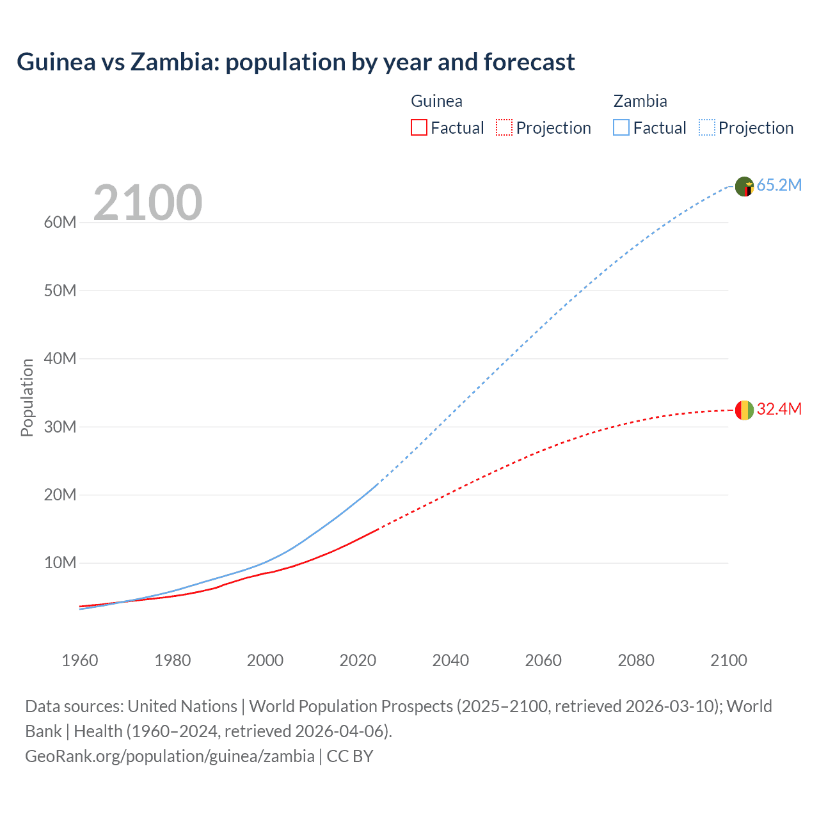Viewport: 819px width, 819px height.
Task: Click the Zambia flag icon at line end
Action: [x=744, y=186]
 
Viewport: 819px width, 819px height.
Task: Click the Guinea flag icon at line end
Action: [x=744, y=410]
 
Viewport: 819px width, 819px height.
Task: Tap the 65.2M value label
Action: [x=779, y=186]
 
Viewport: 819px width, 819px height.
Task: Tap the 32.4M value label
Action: [x=779, y=409]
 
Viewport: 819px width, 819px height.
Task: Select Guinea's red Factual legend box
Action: [x=418, y=127]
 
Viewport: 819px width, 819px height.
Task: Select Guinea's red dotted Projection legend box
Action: [x=504, y=127]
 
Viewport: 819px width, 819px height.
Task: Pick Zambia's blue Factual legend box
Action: [x=621, y=127]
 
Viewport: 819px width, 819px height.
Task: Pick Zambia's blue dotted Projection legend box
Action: [x=706, y=127]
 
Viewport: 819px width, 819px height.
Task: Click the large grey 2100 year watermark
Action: [x=148, y=203]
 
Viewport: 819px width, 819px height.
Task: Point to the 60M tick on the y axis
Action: [x=60, y=223]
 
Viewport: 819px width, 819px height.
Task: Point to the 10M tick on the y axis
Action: [x=60, y=563]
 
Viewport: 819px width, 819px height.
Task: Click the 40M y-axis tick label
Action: [x=60, y=359]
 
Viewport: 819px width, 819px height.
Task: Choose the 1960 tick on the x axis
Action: [x=80, y=660]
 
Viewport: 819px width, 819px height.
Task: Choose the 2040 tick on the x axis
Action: [x=450, y=660]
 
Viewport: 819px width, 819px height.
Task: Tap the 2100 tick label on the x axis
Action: [x=728, y=660]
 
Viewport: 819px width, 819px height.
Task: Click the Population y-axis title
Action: [x=27, y=397]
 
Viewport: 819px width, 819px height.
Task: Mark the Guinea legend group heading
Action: [x=436, y=101]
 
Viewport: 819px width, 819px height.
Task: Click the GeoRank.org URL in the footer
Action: [x=170, y=756]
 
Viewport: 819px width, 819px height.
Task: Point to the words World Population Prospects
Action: [x=351, y=706]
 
